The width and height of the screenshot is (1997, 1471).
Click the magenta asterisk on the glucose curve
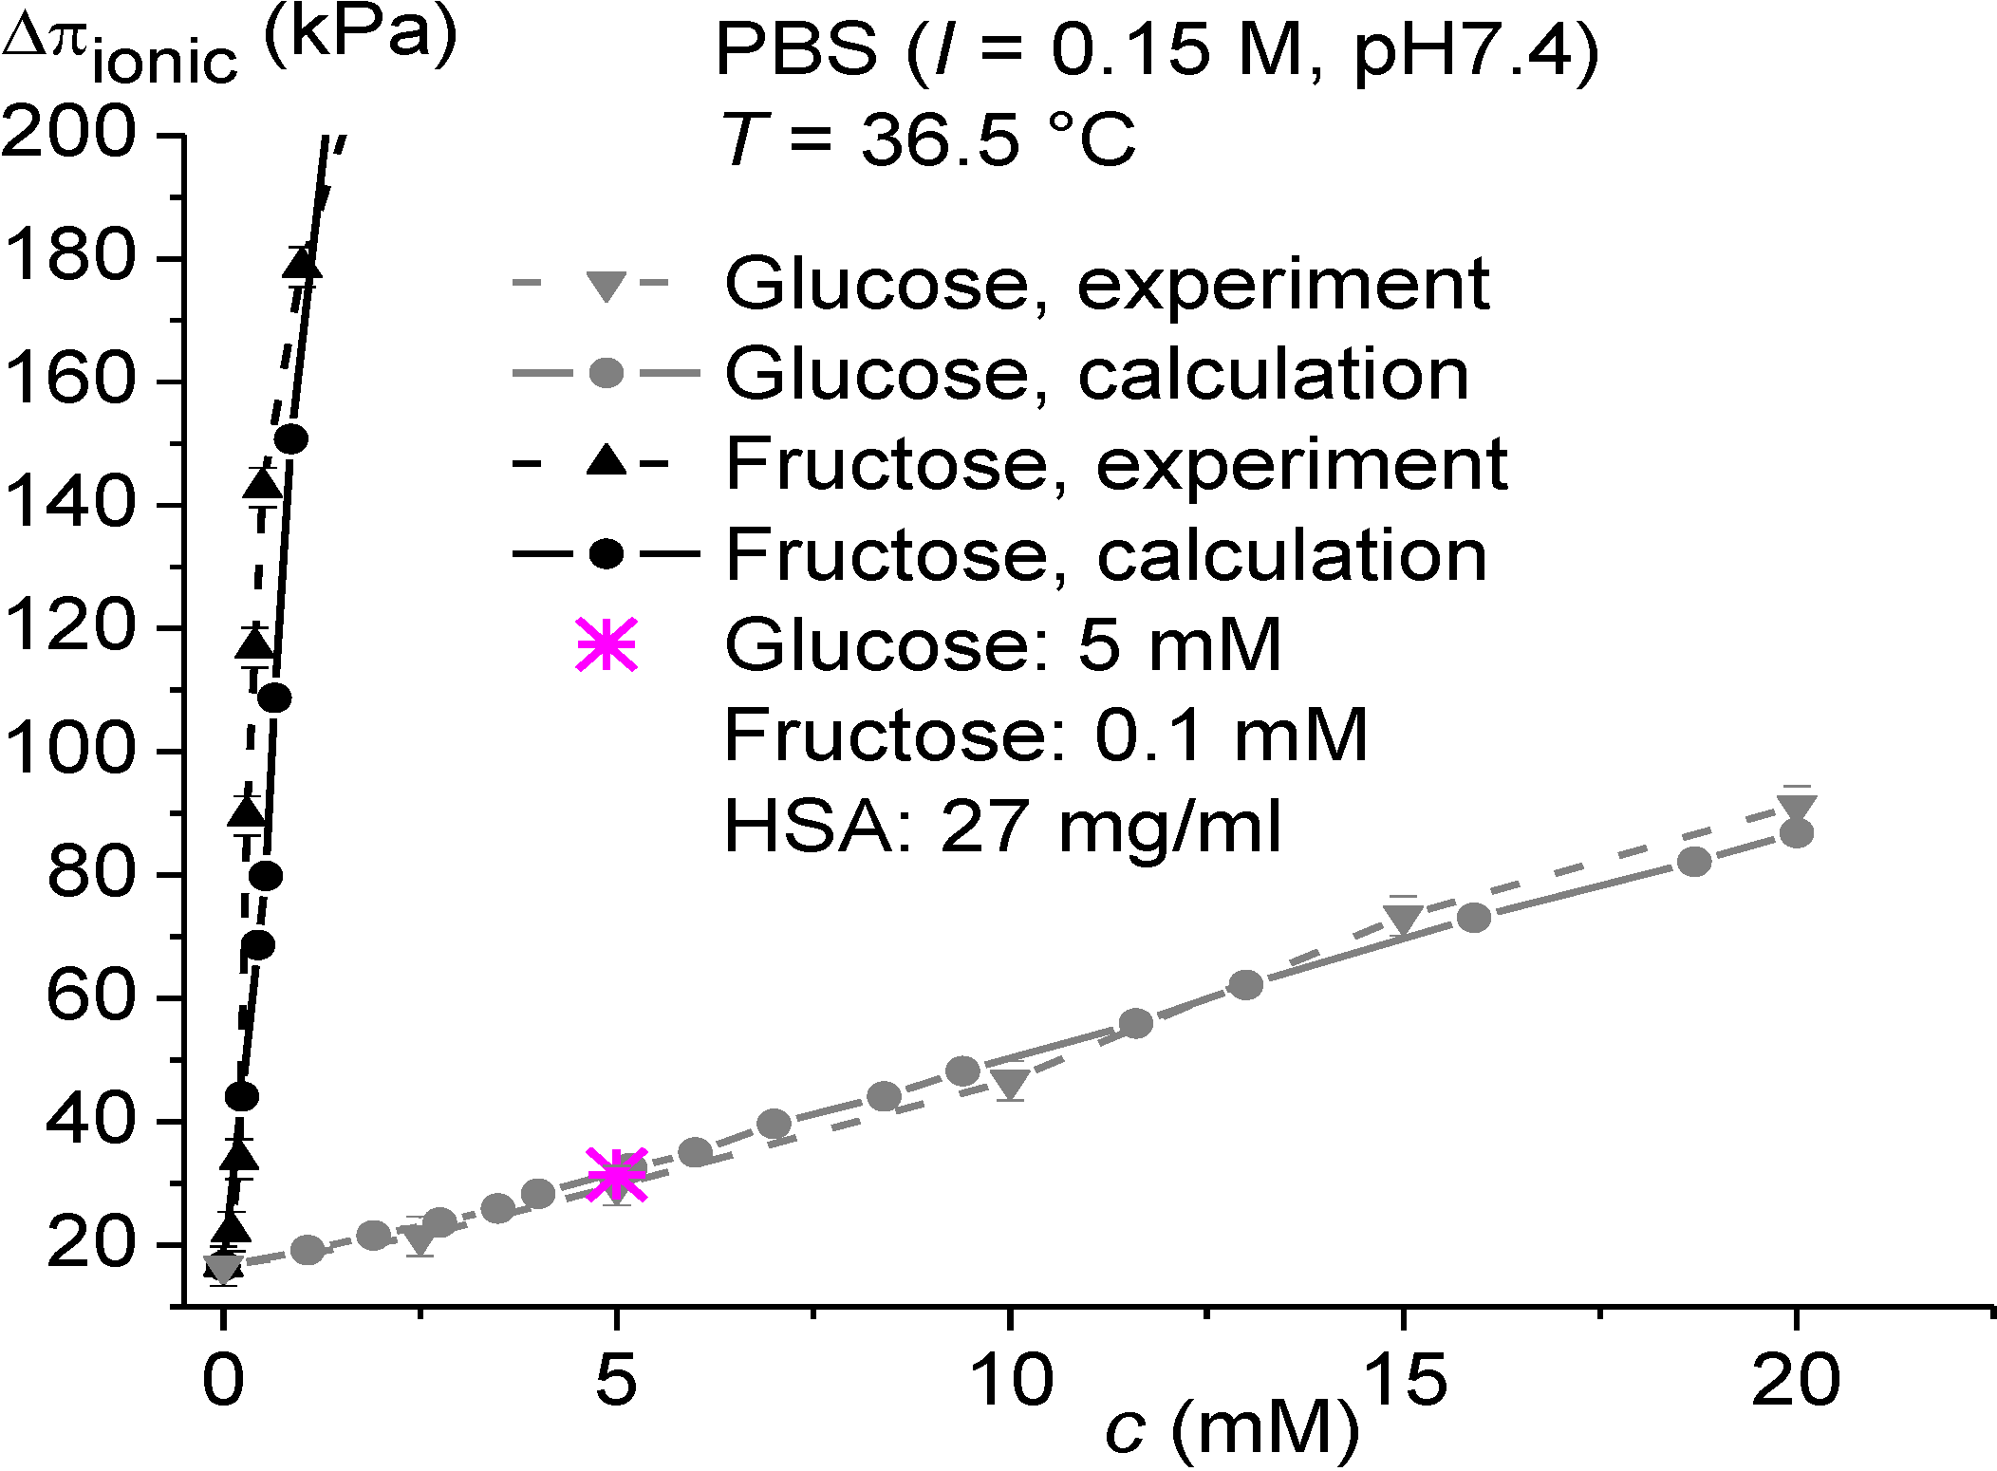click(617, 1175)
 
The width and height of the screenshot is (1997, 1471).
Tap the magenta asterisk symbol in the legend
click(606, 644)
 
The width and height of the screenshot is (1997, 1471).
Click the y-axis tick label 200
click(68, 132)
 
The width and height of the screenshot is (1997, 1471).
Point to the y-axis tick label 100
click(68, 750)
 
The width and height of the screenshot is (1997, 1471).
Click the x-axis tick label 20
click(1795, 1381)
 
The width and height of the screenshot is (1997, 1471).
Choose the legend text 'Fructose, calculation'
click(1106, 554)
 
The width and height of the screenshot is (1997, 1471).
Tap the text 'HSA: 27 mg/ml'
click(1002, 826)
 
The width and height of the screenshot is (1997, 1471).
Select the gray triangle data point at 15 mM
click(1403, 919)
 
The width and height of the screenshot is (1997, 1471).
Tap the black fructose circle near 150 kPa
click(290, 439)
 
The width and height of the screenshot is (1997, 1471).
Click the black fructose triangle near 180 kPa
click(303, 265)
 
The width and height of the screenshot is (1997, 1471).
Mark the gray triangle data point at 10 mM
click(1011, 1083)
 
